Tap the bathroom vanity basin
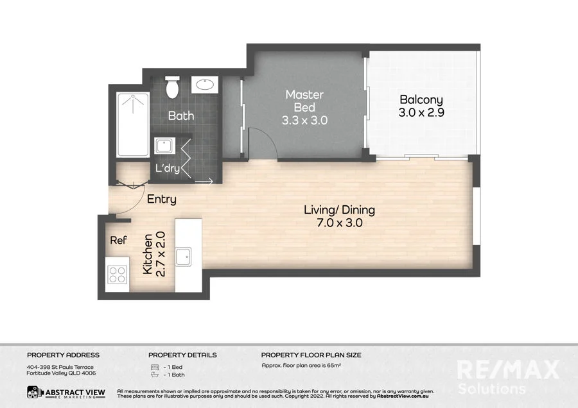(x=206, y=85)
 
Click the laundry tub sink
(x=164, y=146)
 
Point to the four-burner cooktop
(x=118, y=275)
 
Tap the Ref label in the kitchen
(x=118, y=241)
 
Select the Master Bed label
(x=304, y=101)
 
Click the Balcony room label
(x=421, y=99)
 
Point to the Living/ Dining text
(x=340, y=210)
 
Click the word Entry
(x=161, y=200)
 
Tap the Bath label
(x=181, y=116)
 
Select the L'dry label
(x=168, y=169)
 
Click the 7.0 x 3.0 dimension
(x=340, y=223)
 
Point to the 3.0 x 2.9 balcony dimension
(x=421, y=112)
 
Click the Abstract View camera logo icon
(x=35, y=392)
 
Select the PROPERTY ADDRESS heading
(x=63, y=355)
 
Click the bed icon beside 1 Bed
(x=153, y=367)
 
